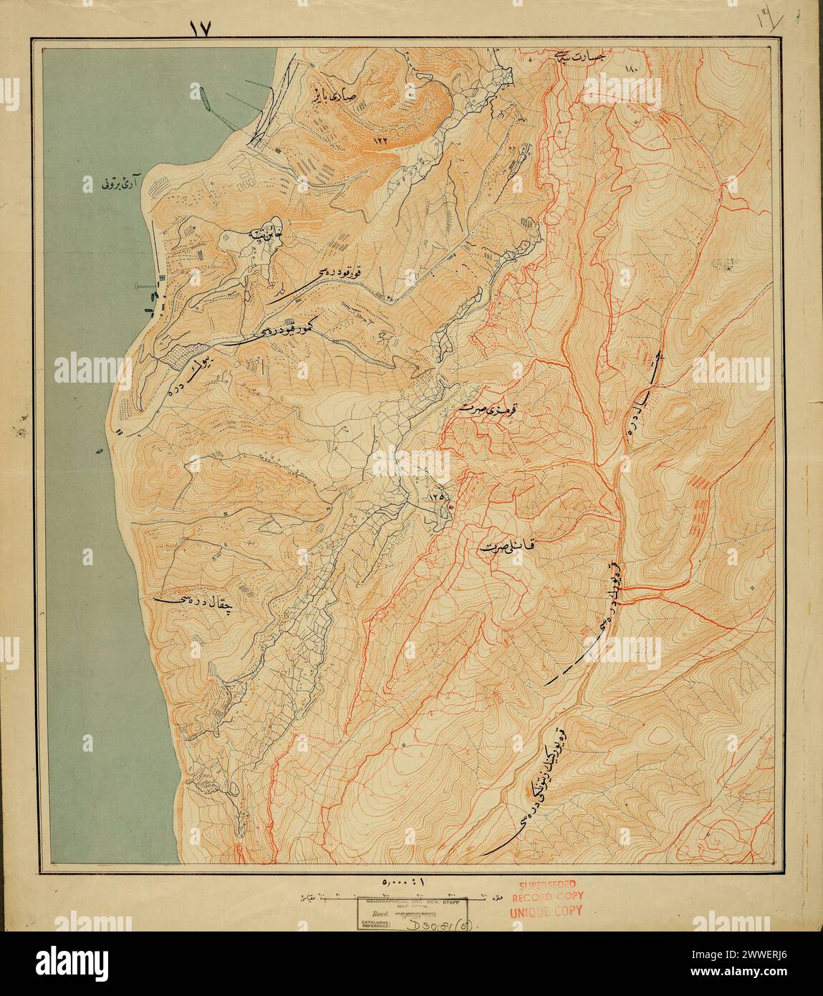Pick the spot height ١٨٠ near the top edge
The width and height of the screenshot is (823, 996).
pyautogui.click(x=630, y=70)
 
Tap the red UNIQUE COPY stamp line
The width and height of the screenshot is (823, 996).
pyautogui.click(x=546, y=912)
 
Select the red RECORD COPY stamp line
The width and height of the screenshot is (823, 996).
pyautogui.click(x=548, y=898)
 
